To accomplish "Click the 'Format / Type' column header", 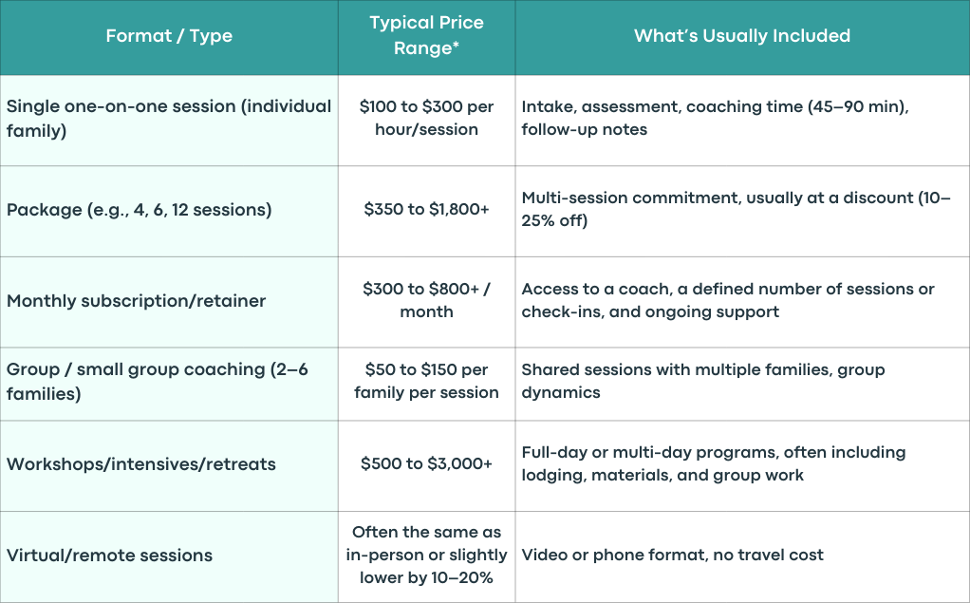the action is click(x=169, y=36).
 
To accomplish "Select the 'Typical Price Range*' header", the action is click(x=426, y=35).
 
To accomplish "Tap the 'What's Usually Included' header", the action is click(x=741, y=36).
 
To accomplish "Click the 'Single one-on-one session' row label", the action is click(x=169, y=119).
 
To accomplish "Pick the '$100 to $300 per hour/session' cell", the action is click(x=426, y=118).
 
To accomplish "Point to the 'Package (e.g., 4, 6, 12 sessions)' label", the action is click(x=140, y=210).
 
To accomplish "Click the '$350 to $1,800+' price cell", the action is click(x=426, y=209).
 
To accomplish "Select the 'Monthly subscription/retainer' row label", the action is click(x=136, y=301).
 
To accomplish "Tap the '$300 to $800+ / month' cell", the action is click(x=426, y=300).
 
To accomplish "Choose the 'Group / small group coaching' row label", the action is click(x=158, y=382).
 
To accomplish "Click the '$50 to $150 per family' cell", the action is click(x=426, y=381).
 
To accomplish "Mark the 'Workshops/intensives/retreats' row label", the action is click(x=141, y=464).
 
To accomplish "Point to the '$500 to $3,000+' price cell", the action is click(x=426, y=463).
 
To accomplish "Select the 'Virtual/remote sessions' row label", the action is click(x=109, y=556).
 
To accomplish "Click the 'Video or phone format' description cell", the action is click(x=672, y=555).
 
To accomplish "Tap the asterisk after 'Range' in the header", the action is click(x=456, y=45).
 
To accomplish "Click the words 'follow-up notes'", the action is click(x=584, y=129).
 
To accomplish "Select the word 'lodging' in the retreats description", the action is click(x=553, y=476).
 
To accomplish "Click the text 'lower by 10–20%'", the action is click(x=426, y=578).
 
